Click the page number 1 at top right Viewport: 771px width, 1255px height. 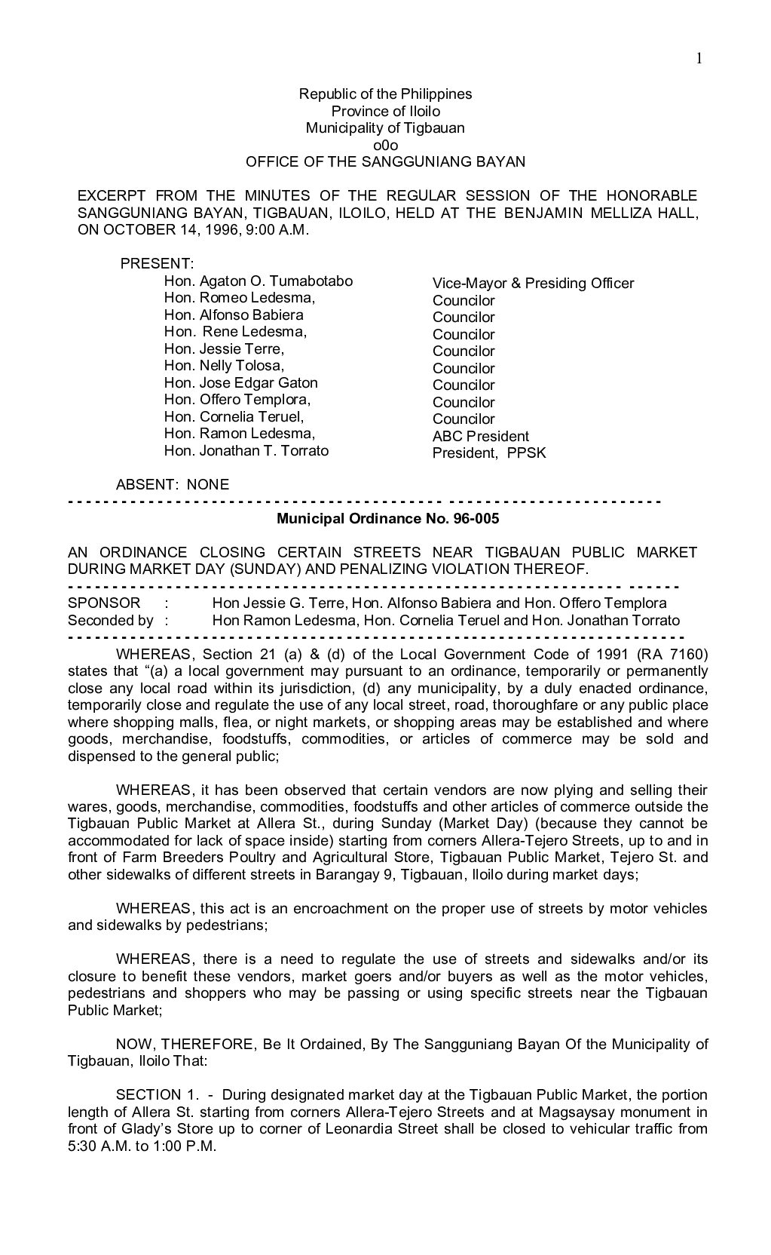point(699,59)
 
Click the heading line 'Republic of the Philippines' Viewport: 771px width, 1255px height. point(385,94)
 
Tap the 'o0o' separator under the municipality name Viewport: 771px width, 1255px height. point(385,145)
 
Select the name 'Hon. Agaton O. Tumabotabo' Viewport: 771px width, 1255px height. point(259,281)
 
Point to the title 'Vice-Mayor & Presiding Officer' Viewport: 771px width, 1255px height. point(533,284)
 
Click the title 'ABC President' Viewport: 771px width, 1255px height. point(480,437)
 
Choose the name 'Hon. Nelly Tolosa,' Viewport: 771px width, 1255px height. point(224,366)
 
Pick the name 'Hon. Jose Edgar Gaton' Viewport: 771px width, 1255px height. point(241,383)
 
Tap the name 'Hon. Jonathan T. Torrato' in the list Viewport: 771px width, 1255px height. point(246,451)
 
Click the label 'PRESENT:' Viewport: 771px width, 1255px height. point(158,264)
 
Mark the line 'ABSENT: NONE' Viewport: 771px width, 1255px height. point(173,484)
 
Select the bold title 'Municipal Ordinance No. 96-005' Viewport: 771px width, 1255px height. point(387,519)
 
